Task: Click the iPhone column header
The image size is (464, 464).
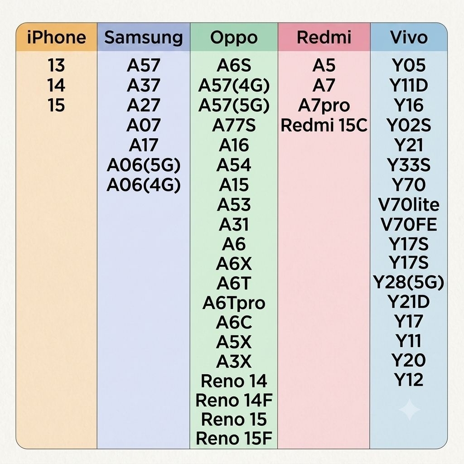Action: click(57, 37)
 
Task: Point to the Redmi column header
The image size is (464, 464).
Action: click(324, 37)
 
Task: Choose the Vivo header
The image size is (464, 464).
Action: click(409, 37)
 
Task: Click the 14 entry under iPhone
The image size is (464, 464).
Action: click(56, 85)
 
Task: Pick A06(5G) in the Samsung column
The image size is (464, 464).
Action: click(144, 165)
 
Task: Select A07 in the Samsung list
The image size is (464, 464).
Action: click(144, 125)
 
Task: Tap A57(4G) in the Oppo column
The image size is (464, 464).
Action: click(234, 86)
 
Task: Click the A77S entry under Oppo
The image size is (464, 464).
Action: click(234, 125)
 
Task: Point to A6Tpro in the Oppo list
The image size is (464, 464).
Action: click(234, 303)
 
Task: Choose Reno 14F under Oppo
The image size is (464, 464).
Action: click(234, 400)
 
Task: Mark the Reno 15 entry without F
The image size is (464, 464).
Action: click(234, 419)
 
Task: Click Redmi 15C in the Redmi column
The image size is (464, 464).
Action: click(324, 125)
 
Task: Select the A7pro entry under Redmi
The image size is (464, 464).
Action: click(324, 106)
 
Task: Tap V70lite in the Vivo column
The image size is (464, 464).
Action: click(409, 204)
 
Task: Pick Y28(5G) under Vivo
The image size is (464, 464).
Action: click(409, 282)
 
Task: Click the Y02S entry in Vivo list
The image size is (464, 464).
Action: click(409, 125)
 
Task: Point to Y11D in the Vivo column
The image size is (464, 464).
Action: click(409, 85)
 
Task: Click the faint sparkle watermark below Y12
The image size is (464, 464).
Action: click(409, 410)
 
